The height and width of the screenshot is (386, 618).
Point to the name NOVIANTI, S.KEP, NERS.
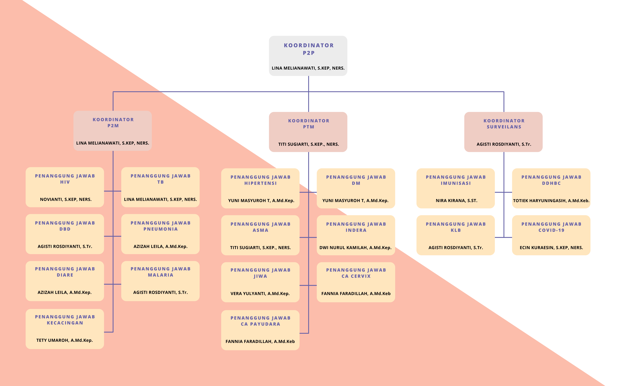point(66,199)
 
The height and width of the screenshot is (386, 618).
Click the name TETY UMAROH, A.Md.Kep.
point(65,340)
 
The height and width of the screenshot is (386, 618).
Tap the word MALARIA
point(160,275)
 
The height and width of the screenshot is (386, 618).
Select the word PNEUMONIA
point(160,229)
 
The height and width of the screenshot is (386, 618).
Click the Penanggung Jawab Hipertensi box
point(260,188)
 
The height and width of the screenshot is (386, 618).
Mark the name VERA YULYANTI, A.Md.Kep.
point(260,294)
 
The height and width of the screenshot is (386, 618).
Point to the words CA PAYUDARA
point(260,324)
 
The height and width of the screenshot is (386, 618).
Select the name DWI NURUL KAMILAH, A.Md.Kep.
point(355,248)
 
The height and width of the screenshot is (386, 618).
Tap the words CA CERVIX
point(356,276)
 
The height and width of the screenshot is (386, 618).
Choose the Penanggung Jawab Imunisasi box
point(456,188)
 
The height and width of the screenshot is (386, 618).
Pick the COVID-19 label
point(551,230)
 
